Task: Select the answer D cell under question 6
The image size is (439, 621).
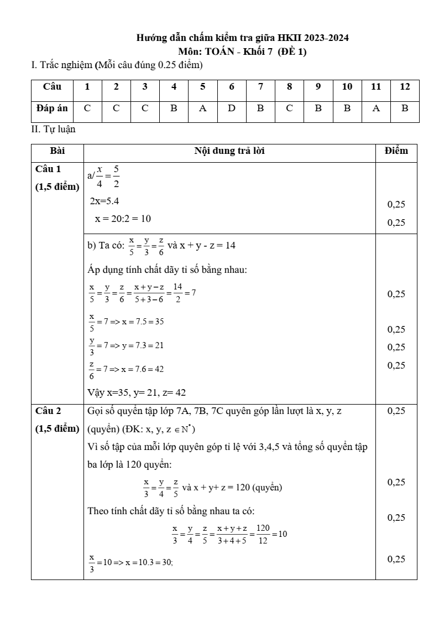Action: tap(232, 108)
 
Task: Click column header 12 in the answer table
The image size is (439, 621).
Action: tap(405, 86)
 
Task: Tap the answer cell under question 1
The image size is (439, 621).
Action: tap(87, 108)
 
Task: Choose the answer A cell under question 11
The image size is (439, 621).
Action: tap(376, 108)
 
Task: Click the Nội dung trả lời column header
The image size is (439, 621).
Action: tap(229, 151)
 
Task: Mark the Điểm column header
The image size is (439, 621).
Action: tap(396, 151)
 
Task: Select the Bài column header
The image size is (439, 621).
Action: tap(57, 151)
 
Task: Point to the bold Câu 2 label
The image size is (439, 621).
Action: tap(48, 411)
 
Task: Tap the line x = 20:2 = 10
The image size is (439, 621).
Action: tap(123, 219)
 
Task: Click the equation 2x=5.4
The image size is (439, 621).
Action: tap(104, 201)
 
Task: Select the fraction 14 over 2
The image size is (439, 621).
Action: tap(177, 293)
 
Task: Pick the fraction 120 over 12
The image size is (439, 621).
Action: tap(263, 534)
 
